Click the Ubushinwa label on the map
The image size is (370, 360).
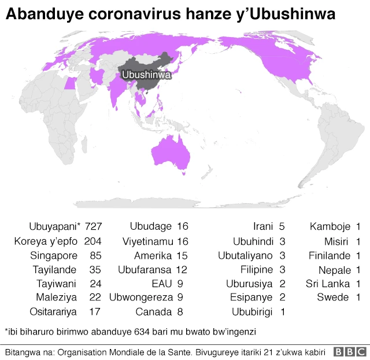pos(146,75)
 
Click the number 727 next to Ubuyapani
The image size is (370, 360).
pos(93,226)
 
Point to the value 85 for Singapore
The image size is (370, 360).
pos(97,255)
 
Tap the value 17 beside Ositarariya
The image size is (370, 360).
pos(97,312)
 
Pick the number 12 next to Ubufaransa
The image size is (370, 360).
pos(182,269)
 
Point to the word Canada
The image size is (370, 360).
pos(153,312)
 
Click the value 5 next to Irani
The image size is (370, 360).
pos(282,226)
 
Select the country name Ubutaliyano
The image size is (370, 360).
pos(246,255)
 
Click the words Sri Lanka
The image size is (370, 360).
pos(328,284)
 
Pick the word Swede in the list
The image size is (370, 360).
pos(332,297)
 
